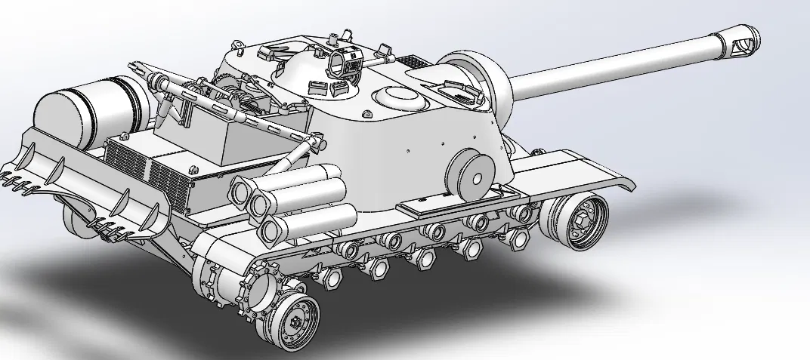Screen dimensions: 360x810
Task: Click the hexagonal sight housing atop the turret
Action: pos(347,61)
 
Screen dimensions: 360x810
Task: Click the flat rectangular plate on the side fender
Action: pos(431,203)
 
